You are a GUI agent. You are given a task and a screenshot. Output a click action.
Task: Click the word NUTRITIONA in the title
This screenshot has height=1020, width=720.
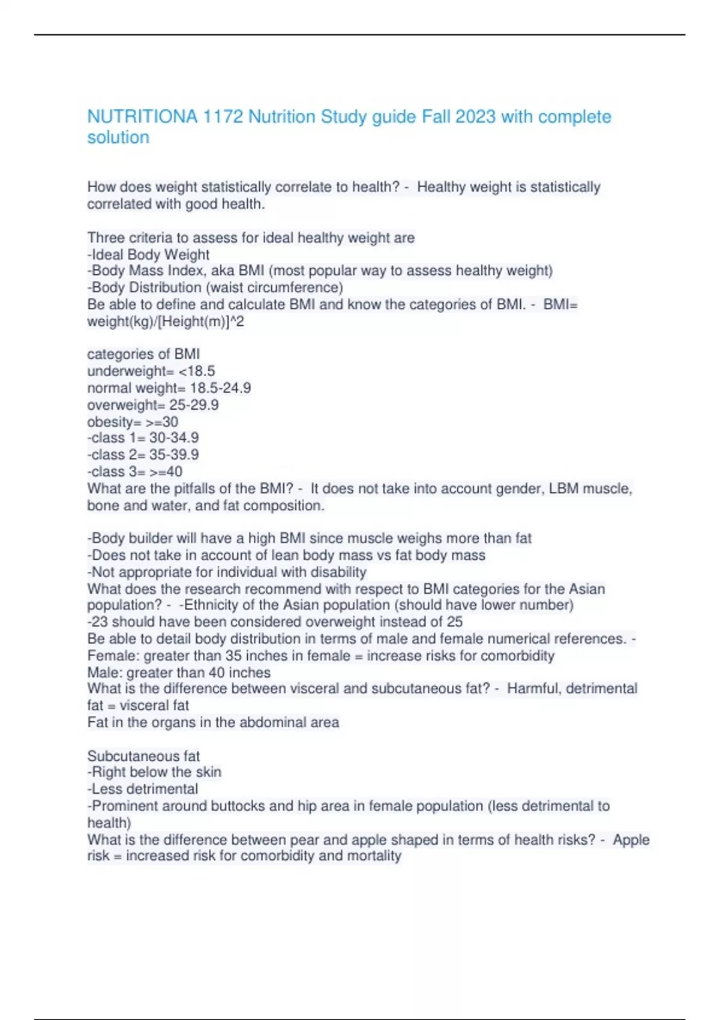click(142, 116)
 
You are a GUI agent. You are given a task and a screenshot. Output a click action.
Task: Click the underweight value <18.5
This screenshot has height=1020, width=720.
click(197, 371)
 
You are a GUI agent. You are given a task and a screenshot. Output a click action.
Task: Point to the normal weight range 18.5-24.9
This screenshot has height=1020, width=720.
click(220, 388)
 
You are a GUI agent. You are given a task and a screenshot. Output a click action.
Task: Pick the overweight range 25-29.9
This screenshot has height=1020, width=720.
click(194, 405)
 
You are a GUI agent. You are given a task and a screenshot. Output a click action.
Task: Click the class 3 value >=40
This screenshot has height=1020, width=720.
click(166, 472)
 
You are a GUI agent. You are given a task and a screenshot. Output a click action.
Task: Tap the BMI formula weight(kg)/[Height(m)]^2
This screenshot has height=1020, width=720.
click(166, 322)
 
